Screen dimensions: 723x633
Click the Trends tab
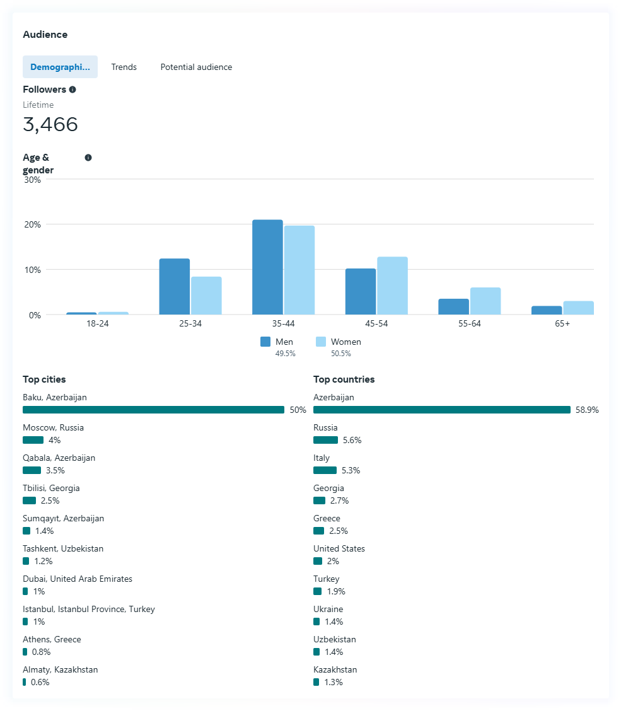click(124, 67)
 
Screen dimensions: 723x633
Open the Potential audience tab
click(196, 67)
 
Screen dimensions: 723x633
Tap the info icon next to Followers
click(73, 90)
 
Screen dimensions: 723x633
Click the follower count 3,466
click(50, 124)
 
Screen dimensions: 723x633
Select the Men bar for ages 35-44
click(267, 267)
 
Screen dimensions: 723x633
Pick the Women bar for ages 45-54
click(392, 286)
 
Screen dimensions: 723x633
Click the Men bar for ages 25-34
click(175, 287)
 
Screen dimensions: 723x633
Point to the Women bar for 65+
click(578, 308)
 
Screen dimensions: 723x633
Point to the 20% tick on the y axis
click(32, 224)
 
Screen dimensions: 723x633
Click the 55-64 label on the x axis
click(469, 323)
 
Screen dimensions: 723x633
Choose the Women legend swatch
click(321, 342)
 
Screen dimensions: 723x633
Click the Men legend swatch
click(265, 342)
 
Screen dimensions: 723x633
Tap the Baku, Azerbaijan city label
click(55, 398)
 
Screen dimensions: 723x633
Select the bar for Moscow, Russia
click(33, 440)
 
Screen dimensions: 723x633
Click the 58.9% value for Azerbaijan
click(587, 410)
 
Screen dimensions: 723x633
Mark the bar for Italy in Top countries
click(325, 470)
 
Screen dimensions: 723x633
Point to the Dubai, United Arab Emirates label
click(78, 579)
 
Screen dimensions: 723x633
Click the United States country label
click(339, 548)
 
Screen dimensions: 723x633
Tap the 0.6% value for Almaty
click(40, 682)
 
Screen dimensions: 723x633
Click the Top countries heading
click(344, 379)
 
